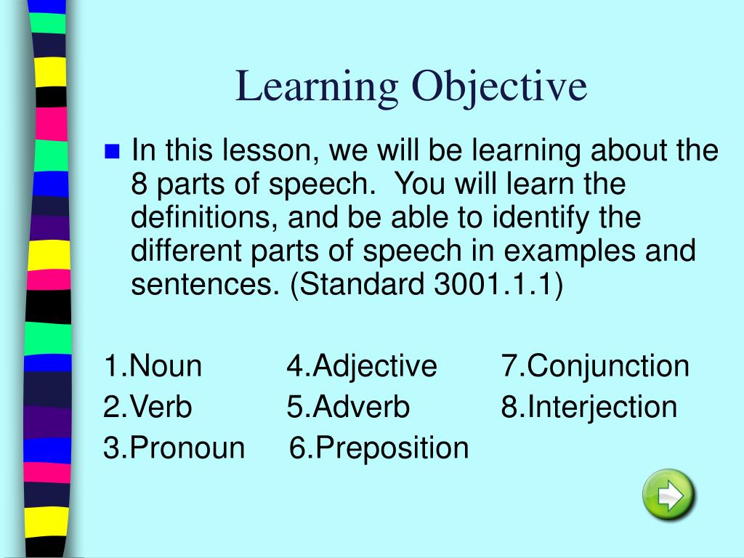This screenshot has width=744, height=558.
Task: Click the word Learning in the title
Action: click(x=318, y=86)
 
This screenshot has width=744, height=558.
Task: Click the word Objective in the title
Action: click(x=500, y=86)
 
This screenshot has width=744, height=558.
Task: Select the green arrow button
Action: click(x=668, y=496)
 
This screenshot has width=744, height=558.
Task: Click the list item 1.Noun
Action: click(x=153, y=365)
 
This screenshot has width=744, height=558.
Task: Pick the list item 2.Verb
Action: click(x=147, y=407)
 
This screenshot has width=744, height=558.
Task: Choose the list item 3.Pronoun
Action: click(x=174, y=448)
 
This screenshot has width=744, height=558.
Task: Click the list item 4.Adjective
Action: click(x=361, y=365)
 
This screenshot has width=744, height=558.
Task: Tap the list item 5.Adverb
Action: click(x=348, y=407)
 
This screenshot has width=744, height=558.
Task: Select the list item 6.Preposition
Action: click(x=379, y=448)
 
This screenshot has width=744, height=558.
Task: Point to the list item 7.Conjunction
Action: click(x=594, y=365)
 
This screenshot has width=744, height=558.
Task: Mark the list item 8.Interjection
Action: click(x=589, y=407)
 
